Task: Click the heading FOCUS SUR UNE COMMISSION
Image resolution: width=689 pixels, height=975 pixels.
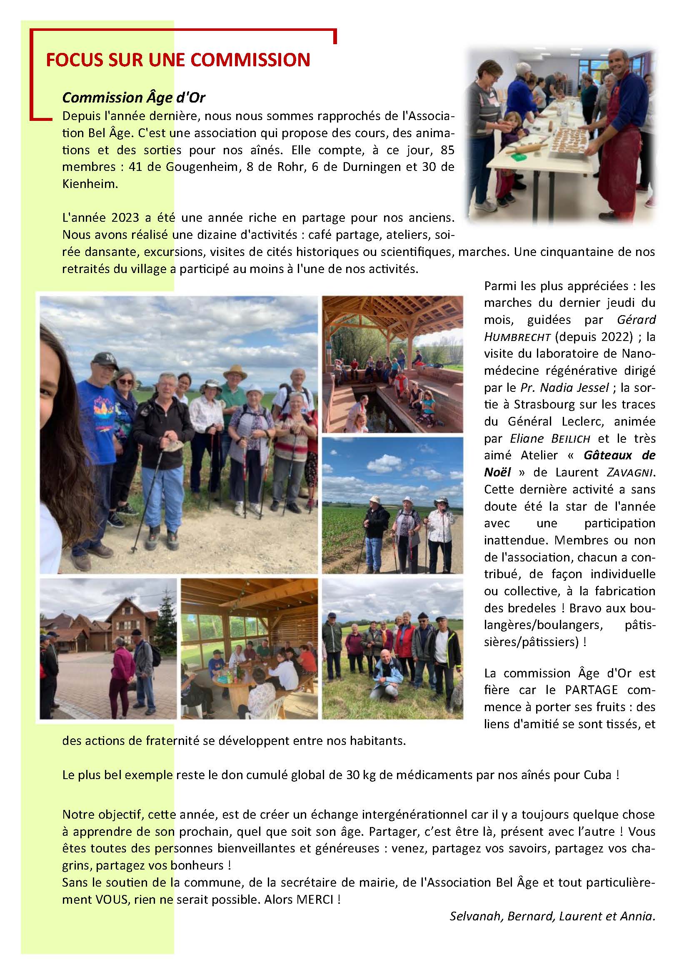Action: pos(178,60)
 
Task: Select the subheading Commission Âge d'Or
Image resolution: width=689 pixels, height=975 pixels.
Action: pos(134,98)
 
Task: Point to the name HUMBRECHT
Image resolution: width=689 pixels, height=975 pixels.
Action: pos(517,337)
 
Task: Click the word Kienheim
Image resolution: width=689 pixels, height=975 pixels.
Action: pos(90,184)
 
